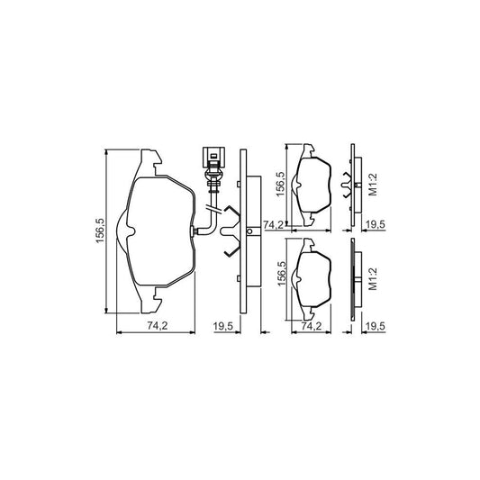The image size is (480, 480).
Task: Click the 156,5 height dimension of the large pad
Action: pos(100,231)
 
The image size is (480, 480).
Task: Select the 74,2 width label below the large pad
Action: pos(158,326)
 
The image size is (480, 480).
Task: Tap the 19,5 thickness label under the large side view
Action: pos(223,326)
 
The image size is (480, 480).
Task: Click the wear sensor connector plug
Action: pos(213,158)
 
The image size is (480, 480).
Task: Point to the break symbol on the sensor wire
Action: pos(214,210)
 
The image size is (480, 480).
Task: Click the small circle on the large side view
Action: pos(249,231)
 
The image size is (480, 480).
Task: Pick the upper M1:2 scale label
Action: pos(373,185)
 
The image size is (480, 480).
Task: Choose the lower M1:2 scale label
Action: pos(373,279)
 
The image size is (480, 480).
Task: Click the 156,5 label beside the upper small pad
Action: pos(281,184)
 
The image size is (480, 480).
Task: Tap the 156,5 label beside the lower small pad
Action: pos(281,274)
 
